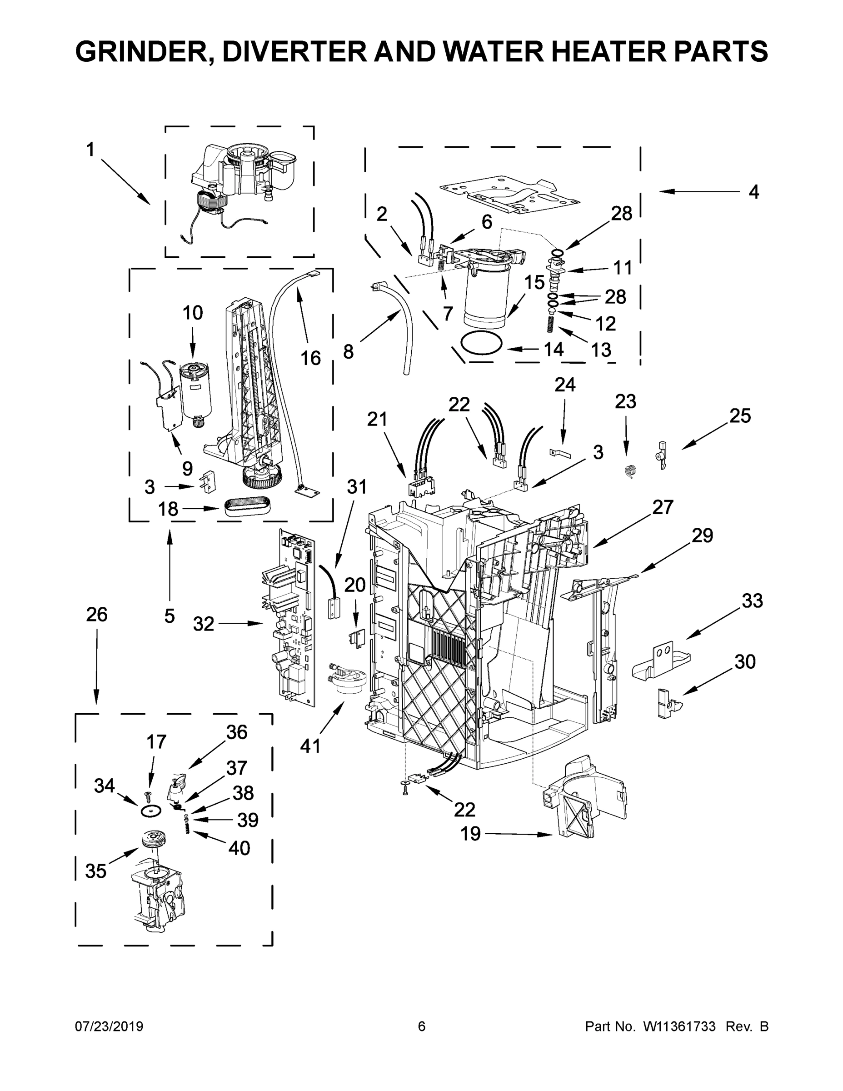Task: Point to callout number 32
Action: click(203, 624)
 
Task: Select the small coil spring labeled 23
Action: click(631, 470)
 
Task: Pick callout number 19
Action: click(470, 833)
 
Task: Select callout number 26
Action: click(96, 615)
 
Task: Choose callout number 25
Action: click(740, 415)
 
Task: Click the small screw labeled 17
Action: click(148, 794)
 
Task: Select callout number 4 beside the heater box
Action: click(753, 192)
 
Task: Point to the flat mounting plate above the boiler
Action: click(509, 195)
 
